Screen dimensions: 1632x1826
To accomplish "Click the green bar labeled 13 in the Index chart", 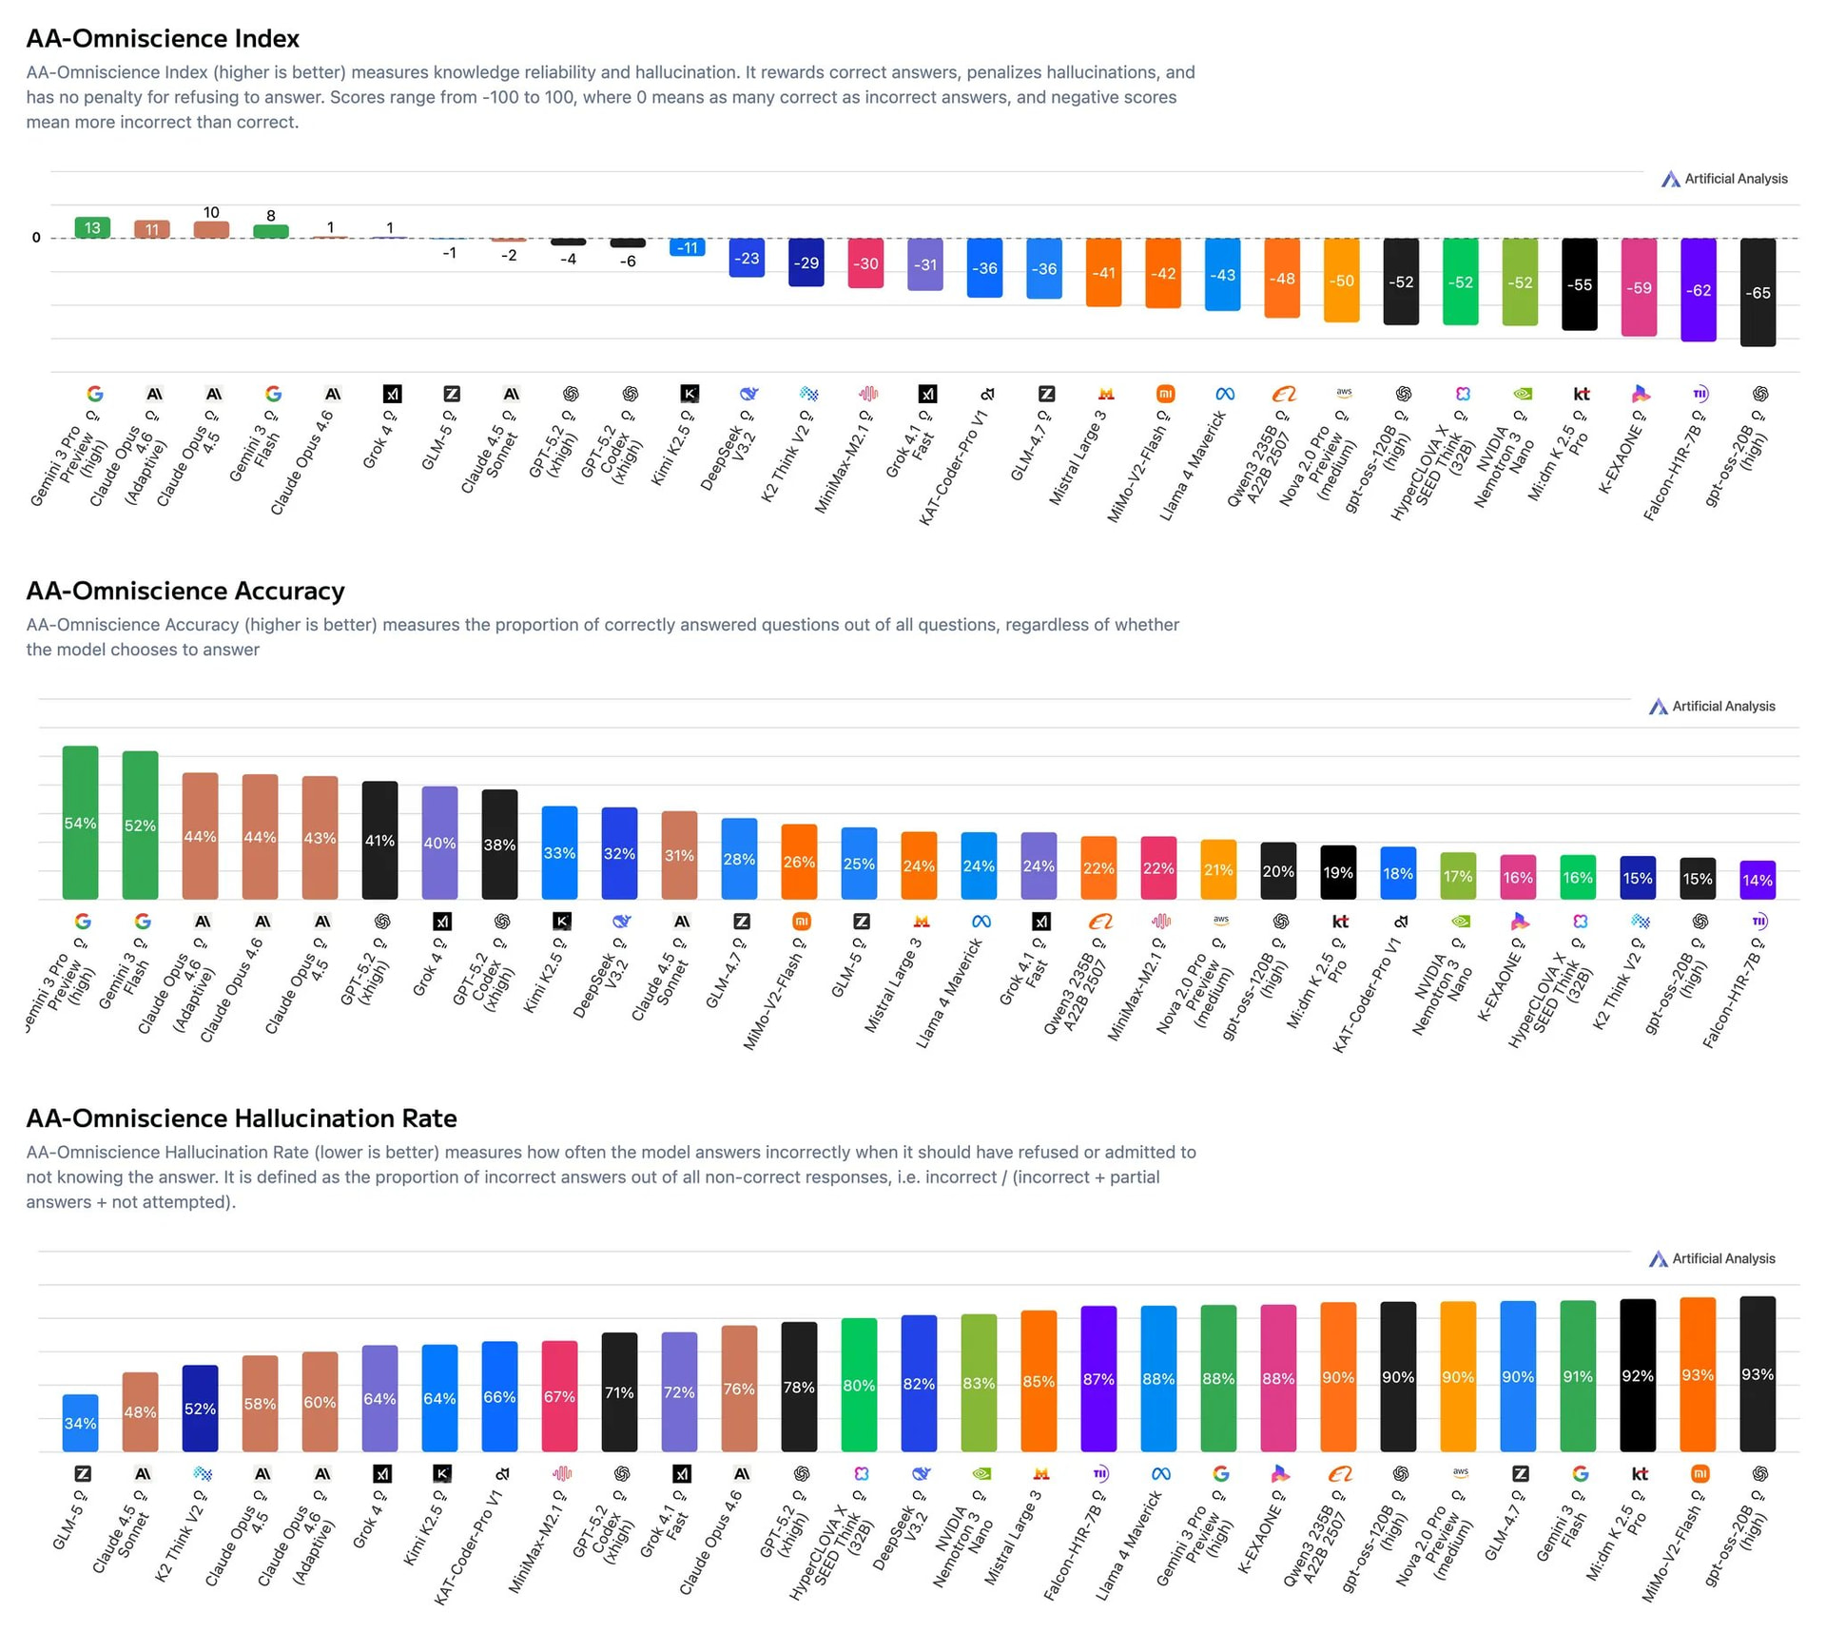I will pos(92,228).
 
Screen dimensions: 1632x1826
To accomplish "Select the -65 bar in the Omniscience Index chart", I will pos(1758,292).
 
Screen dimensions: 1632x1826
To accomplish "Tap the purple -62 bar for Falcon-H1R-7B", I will pos(1698,289).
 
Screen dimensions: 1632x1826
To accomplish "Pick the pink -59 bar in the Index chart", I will pos(1639,286).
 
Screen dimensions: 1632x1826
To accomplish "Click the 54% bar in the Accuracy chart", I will pos(80,823).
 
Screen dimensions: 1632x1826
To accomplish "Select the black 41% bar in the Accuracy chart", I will pos(379,840).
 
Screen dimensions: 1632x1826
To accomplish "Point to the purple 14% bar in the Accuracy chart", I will pos(1757,880).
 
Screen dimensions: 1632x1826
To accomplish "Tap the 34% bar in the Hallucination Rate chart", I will pos(80,1423).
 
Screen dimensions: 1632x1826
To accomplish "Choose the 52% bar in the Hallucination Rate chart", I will pos(200,1408).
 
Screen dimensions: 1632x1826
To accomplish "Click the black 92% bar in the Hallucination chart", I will pos(1638,1375).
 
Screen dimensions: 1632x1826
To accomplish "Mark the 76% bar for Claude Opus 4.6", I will pos(739,1389).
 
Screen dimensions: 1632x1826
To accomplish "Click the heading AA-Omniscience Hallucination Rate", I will pos(242,1118).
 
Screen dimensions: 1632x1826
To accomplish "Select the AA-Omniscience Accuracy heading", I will pos(185,591).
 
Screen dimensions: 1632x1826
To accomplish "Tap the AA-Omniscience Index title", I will pos(163,38).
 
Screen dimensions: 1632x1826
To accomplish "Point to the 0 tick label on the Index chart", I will pos(36,238).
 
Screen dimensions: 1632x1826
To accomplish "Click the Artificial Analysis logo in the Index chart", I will pos(1723,179).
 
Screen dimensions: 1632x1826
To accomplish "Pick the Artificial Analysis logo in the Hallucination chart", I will pos(1711,1258).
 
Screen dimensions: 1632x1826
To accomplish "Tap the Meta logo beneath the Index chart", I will pos(1224,394).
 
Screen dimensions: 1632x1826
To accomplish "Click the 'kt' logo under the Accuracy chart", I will pos(1340,921).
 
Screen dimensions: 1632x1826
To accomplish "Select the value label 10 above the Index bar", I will pos(211,212).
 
